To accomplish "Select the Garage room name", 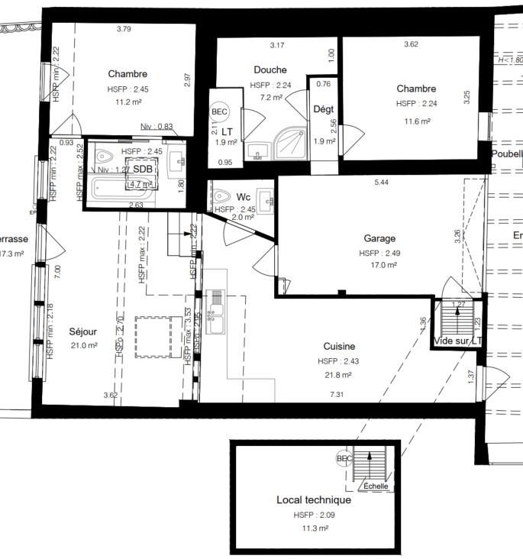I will (379, 238).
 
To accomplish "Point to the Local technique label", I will (313, 500).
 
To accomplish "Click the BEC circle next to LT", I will (220, 111).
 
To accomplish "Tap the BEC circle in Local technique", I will (345, 458).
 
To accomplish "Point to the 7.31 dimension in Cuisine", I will (336, 395).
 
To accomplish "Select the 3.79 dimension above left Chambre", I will (124, 30).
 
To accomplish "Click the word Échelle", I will (375, 486).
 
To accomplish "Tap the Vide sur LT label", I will (457, 341).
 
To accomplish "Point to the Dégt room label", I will (324, 109).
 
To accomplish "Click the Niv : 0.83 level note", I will (157, 127).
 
